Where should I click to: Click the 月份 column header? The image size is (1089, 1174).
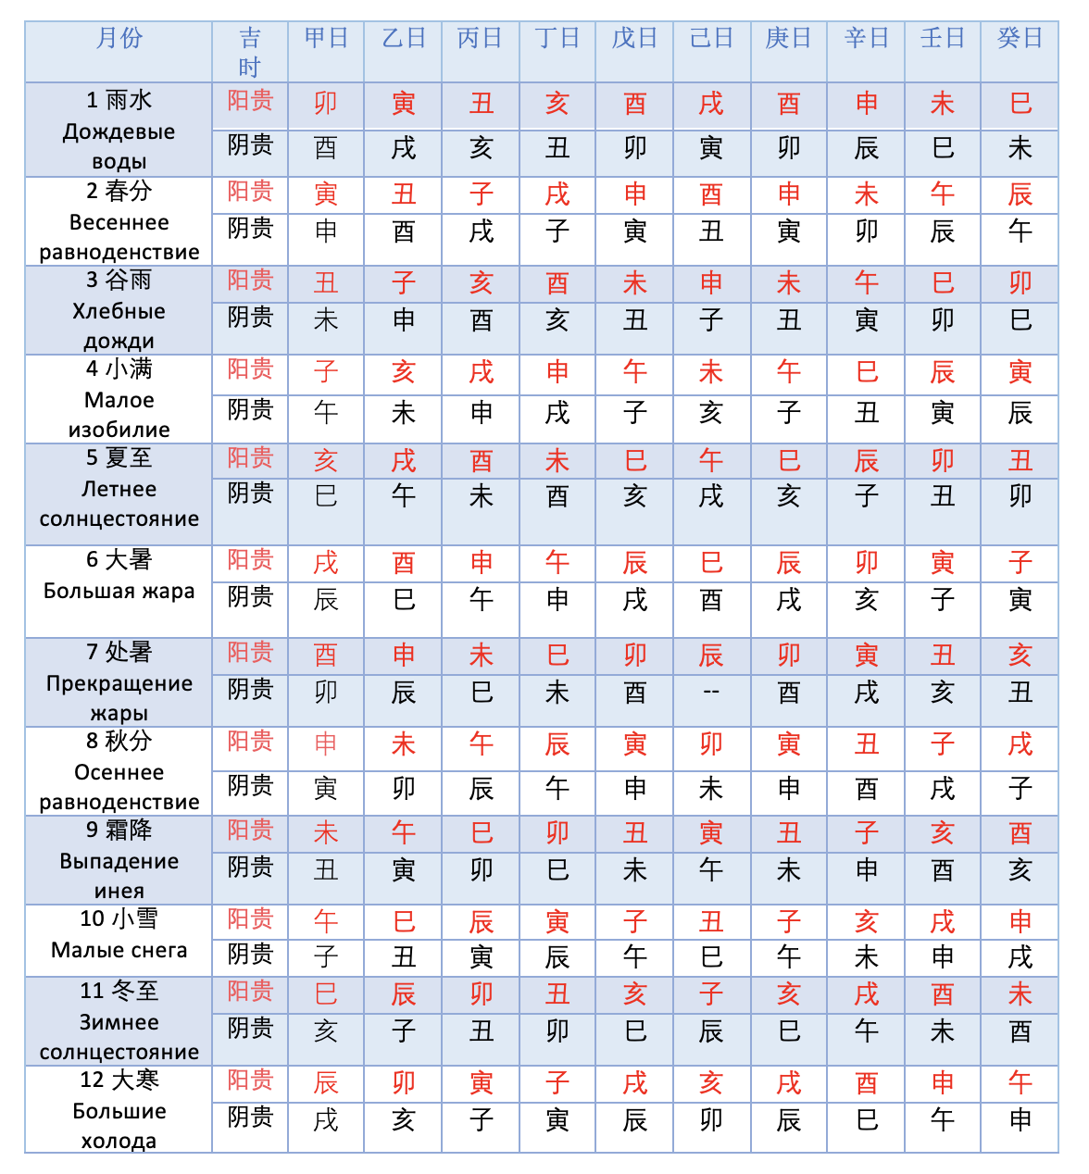(119, 39)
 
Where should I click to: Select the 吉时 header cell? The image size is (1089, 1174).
(250, 52)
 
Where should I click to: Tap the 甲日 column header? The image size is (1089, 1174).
(326, 39)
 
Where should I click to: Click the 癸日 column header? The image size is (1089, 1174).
(1020, 39)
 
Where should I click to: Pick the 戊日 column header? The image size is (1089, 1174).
(634, 39)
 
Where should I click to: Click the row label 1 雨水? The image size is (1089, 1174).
(119, 100)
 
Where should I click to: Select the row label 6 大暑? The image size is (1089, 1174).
(119, 559)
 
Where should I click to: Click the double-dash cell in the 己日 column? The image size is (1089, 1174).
(711, 692)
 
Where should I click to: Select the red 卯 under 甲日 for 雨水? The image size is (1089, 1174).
(326, 103)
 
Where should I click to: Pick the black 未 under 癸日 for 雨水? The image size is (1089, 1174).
(1020, 148)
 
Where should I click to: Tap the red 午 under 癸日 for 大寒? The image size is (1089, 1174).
(1020, 1082)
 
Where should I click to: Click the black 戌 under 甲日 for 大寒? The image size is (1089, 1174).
(326, 1120)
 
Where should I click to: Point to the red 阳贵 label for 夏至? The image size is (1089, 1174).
(250, 458)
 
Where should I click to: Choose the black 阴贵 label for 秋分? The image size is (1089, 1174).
(250, 786)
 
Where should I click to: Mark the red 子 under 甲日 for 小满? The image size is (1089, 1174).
(326, 372)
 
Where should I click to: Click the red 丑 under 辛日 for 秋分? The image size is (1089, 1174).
(867, 744)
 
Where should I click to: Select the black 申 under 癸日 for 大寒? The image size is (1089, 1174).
(1020, 1120)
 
